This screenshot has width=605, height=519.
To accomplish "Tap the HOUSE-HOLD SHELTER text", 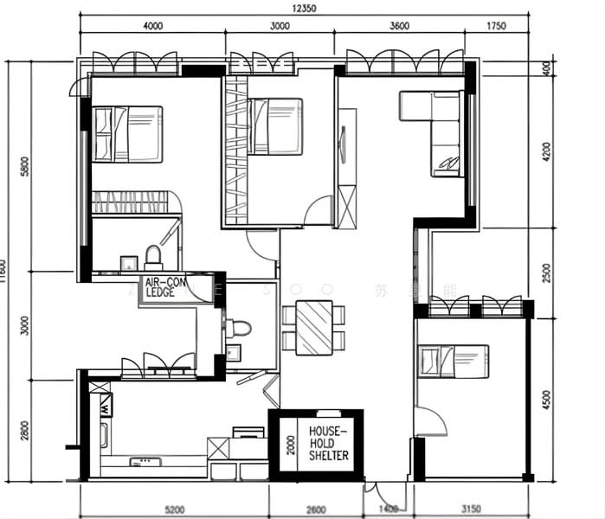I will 329,443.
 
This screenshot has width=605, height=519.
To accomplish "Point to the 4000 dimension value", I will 152,27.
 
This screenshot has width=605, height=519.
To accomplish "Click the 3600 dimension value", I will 399,27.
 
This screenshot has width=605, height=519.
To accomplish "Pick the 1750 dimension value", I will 496,27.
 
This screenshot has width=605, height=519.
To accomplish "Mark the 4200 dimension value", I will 545,153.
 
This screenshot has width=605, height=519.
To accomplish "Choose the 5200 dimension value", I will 174,509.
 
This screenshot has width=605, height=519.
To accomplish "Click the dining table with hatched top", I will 314,327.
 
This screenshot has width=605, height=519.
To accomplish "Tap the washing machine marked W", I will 105,404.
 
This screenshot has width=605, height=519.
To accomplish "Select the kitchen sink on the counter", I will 140,463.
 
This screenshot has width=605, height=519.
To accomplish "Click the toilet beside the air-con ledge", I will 239,329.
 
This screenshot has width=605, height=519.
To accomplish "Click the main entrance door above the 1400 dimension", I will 377,493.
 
